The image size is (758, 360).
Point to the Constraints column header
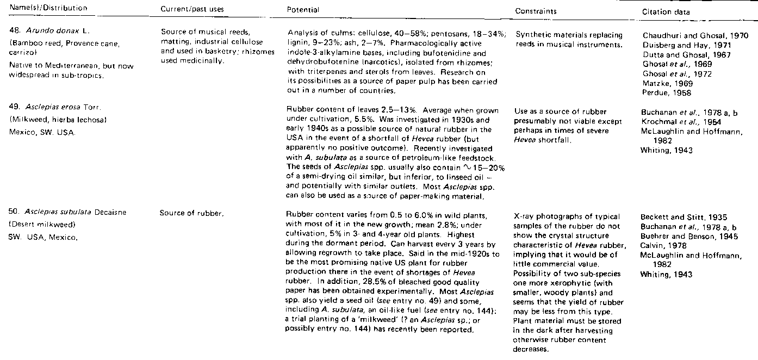(x=536, y=11)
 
